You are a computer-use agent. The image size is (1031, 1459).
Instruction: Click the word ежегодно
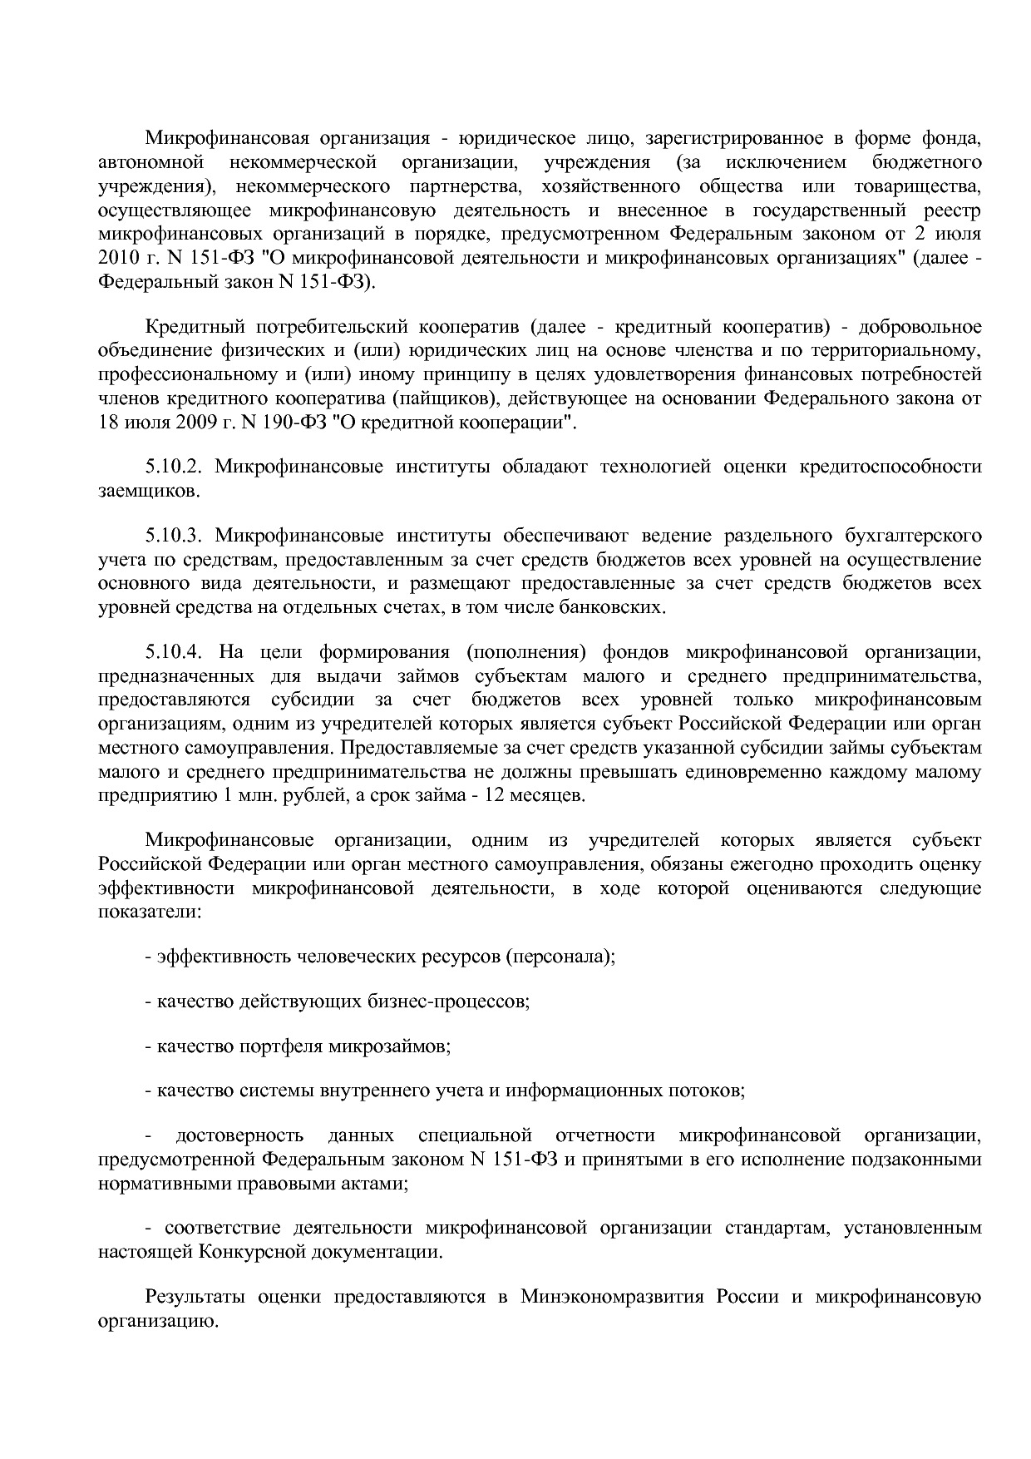tap(772, 864)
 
